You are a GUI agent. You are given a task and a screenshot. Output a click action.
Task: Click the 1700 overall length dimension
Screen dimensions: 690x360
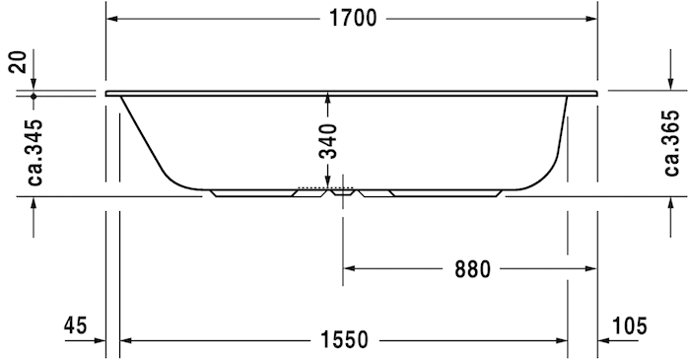point(353,19)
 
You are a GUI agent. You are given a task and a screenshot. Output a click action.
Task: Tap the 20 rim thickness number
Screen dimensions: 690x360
point(19,61)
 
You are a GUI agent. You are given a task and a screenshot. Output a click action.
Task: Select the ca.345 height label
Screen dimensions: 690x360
point(35,152)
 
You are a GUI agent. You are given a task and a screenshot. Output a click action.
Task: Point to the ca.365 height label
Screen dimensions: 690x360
point(672,143)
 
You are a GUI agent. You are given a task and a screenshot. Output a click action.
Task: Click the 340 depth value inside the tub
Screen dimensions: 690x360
point(328,141)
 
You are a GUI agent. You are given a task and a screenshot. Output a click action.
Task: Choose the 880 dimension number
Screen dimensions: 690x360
point(472,269)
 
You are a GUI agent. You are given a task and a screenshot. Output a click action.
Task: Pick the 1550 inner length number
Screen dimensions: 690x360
point(344,340)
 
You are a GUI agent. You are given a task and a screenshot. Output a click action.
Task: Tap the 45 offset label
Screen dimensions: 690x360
point(76,326)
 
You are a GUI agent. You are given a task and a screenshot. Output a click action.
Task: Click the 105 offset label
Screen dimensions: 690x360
point(630,326)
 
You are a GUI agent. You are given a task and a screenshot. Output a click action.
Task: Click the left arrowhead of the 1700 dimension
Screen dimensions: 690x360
point(111,19)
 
